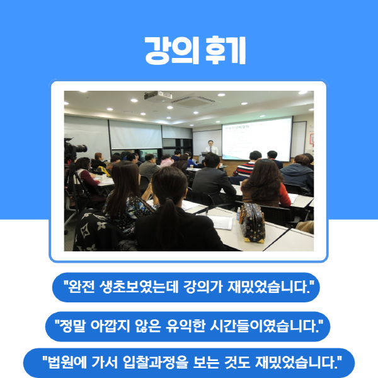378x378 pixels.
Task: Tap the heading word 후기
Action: (x=226, y=50)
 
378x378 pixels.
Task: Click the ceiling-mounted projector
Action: (x=158, y=96)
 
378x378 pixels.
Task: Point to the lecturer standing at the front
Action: (x=212, y=147)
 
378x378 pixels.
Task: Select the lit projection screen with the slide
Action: (x=257, y=139)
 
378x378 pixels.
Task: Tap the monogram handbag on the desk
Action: (x=252, y=222)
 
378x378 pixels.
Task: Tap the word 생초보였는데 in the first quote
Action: (x=139, y=287)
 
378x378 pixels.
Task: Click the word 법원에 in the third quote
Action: (x=64, y=362)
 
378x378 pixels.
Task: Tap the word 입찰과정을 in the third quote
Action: (x=155, y=362)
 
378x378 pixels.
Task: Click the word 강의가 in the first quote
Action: (x=202, y=287)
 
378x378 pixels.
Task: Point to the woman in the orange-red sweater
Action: (x=265, y=184)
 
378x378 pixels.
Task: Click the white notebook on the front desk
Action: (x=220, y=222)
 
